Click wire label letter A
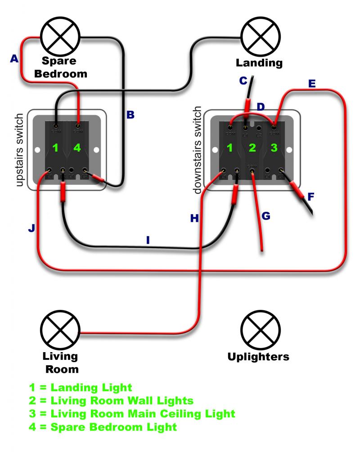coord(14,58)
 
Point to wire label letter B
coord(130,115)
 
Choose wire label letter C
coord(243,81)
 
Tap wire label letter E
coord(312,84)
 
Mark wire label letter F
coord(310,197)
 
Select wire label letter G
coord(266,216)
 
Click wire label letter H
coord(194,219)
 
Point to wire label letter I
coord(148,241)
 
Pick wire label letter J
coord(31,228)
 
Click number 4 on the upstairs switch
coord(77,148)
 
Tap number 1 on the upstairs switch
coord(55,148)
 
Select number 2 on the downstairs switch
coord(252,148)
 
